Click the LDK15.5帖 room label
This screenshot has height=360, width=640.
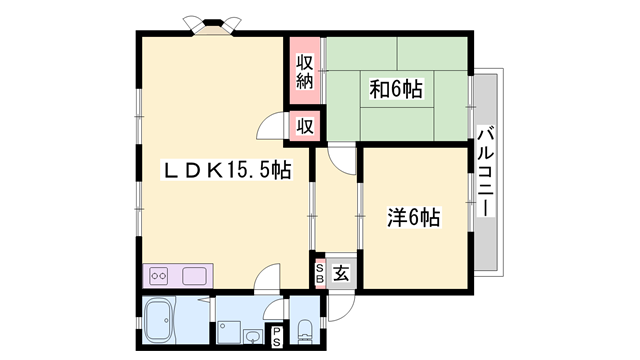click(227, 171)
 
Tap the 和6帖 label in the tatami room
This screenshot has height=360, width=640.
click(396, 89)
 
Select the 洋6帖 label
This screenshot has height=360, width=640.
click(414, 216)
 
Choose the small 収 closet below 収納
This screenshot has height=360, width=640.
click(305, 127)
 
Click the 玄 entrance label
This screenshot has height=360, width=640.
click(340, 272)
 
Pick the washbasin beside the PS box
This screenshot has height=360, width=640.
click(253, 335)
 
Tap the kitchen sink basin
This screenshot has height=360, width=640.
click(193, 275)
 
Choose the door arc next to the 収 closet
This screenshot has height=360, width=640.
click(271, 128)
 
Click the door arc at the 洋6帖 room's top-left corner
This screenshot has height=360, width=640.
click(343, 158)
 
